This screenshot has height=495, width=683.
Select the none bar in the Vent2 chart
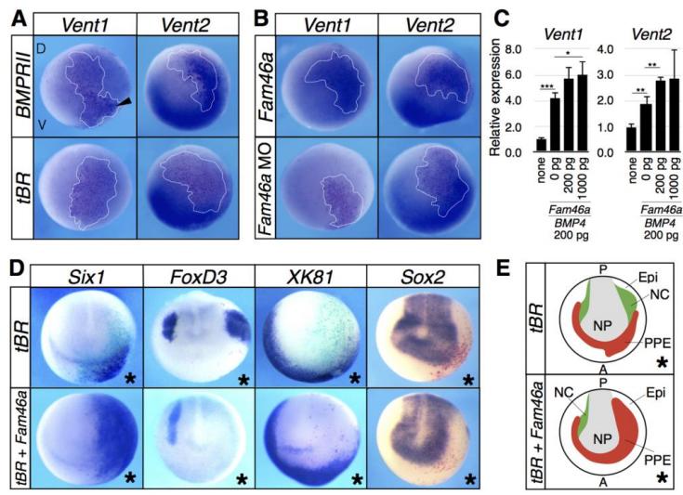tap(631, 137)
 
